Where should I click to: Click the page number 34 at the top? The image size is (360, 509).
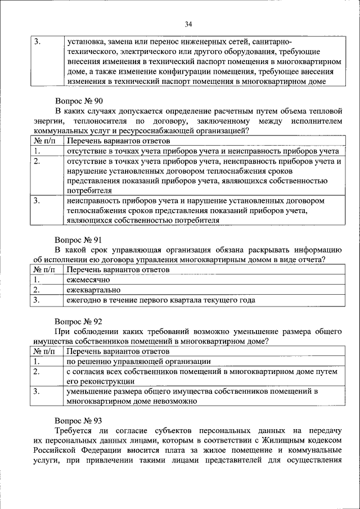click(188, 24)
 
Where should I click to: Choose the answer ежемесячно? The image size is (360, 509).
click(88, 280)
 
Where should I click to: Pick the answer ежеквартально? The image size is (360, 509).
click(92, 290)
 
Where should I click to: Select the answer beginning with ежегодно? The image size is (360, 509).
click(160, 300)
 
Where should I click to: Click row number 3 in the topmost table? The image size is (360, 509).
click(37, 41)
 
